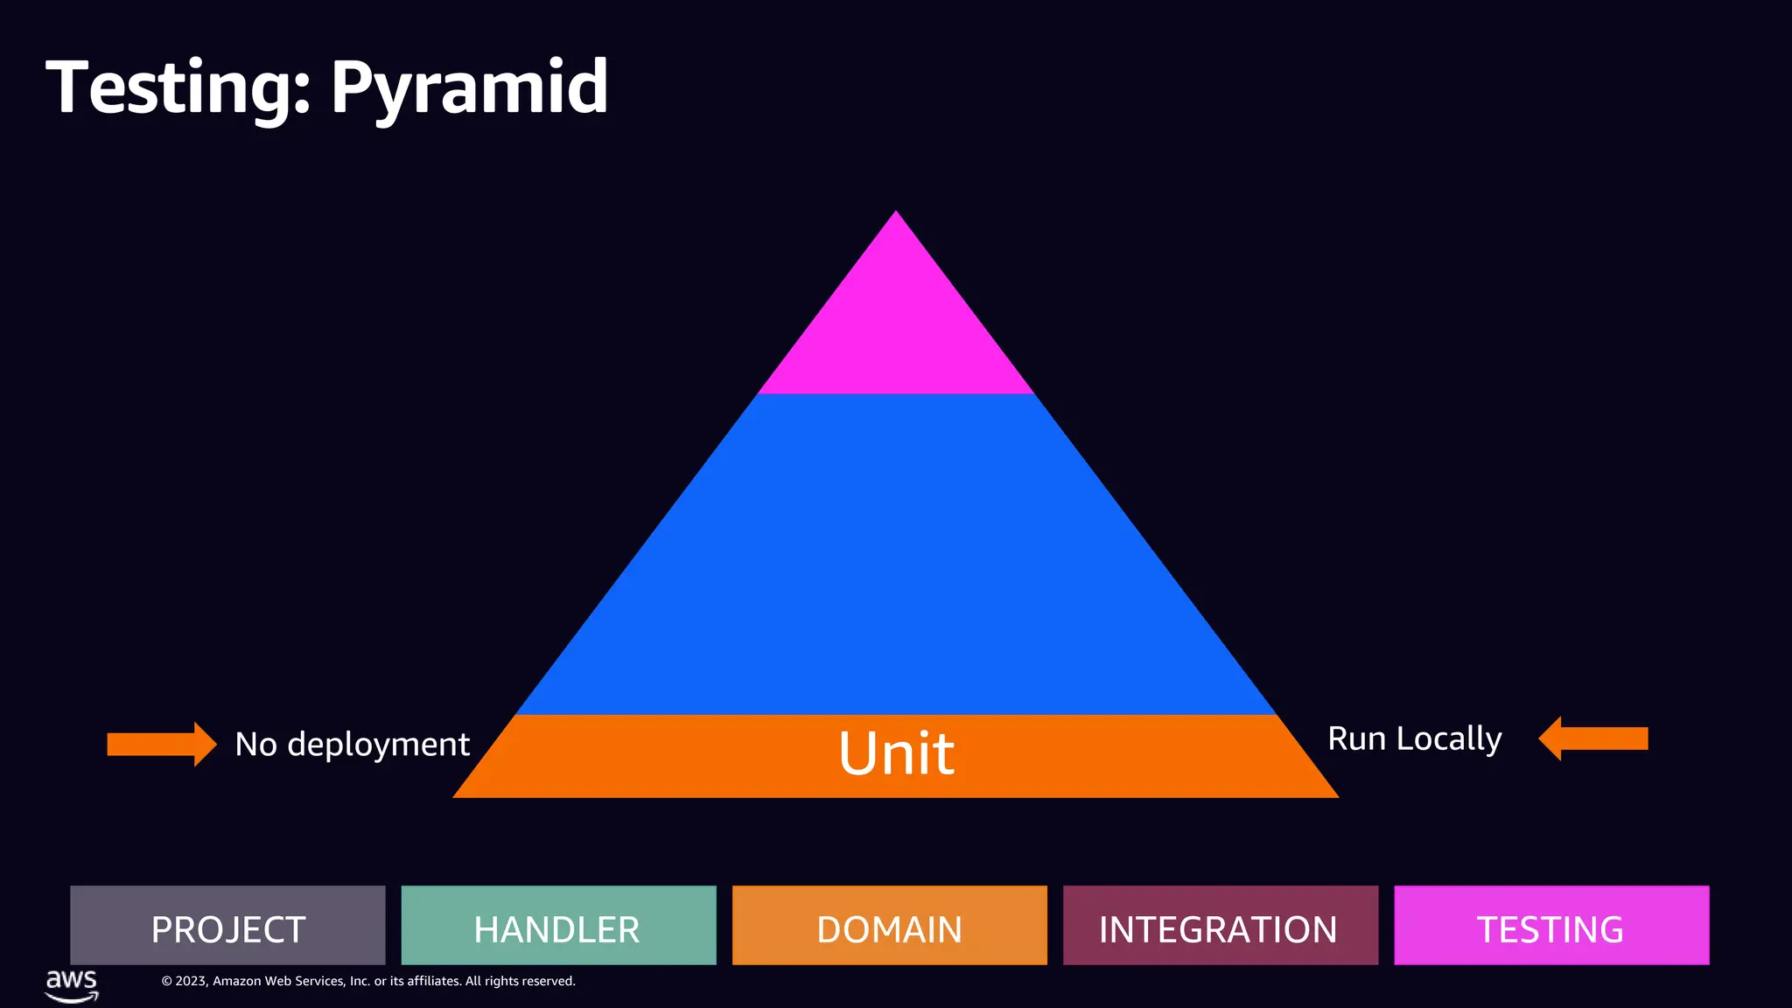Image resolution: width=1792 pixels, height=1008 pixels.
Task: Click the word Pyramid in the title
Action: tap(469, 87)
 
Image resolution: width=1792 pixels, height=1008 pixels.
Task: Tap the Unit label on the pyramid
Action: tap(896, 753)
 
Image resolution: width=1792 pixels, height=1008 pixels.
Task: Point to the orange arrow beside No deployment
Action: tap(161, 744)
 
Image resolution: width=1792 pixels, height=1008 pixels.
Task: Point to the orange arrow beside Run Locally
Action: tap(1593, 738)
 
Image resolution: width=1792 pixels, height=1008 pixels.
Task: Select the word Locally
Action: tap(1449, 739)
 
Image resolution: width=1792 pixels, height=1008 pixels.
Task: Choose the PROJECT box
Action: tap(227, 926)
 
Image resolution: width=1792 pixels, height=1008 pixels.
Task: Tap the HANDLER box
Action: tap(558, 926)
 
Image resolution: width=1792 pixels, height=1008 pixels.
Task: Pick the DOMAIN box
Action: tap(889, 926)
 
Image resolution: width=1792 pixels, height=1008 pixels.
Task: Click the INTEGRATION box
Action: tap(1220, 926)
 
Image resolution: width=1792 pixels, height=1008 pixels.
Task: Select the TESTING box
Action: tap(1550, 926)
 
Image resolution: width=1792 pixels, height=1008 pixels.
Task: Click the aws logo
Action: tap(72, 983)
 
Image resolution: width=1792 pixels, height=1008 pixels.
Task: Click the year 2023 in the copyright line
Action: tap(191, 982)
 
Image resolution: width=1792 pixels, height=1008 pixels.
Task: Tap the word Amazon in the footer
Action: tap(237, 982)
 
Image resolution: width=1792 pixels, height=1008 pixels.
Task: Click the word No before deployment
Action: tap(255, 745)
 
